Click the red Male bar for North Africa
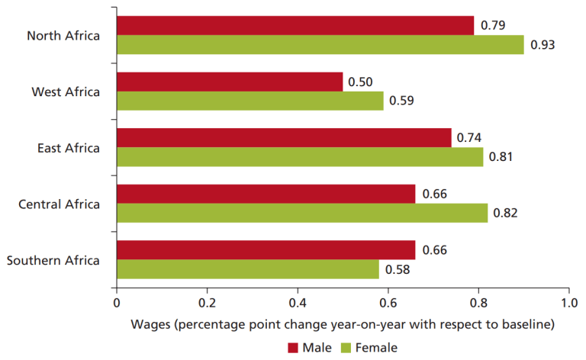click(295, 25)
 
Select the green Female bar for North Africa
click(320, 44)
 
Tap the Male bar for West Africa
click(229, 82)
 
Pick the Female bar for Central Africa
click(301, 213)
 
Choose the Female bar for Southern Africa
click(247, 269)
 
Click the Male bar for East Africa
click(284, 138)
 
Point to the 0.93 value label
click(543, 45)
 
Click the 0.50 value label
click(360, 82)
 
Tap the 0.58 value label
click(397, 270)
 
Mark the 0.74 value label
click(470, 138)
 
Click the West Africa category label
click(66, 92)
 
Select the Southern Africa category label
click(53, 260)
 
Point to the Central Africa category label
click(59, 204)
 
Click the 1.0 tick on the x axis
click(568, 301)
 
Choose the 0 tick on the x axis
click(117, 301)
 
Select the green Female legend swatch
click(343, 348)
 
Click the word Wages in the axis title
click(152, 323)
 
